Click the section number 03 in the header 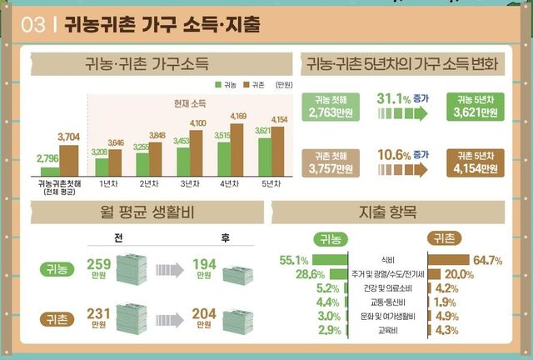click(32, 26)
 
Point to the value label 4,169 click(238, 116)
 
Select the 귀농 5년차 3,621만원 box click(475, 108)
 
